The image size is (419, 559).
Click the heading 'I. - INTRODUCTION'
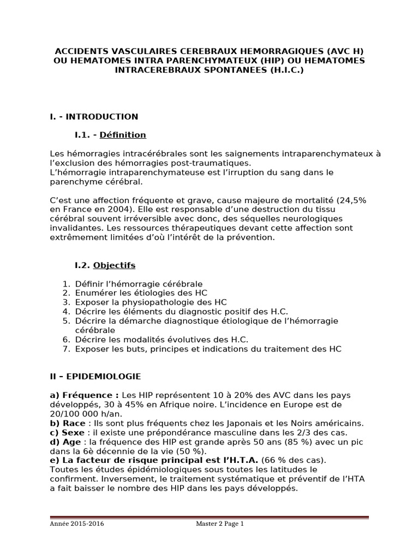(x=94, y=117)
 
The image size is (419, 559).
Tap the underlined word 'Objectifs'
(x=114, y=266)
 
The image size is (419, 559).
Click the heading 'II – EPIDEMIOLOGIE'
(x=95, y=377)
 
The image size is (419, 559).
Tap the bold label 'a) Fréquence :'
(x=84, y=395)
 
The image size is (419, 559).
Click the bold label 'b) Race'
(x=67, y=424)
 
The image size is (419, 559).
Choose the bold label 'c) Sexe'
(x=67, y=433)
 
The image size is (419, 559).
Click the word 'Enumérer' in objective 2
(x=94, y=293)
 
